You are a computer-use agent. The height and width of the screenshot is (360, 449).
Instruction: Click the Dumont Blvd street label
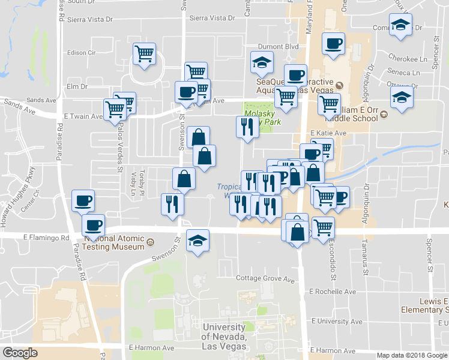click(278, 46)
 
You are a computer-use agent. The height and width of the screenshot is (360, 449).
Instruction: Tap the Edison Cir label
click(82, 53)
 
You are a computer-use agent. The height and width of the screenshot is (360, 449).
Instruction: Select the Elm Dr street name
click(77, 86)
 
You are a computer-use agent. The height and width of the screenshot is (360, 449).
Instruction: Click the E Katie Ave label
click(328, 133)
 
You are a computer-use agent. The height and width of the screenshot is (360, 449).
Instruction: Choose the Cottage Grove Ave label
click(265, 279)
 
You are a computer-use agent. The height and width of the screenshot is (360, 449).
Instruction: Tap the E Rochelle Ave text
click(333, 292)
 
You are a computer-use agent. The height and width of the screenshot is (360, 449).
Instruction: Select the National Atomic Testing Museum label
click(114, 241)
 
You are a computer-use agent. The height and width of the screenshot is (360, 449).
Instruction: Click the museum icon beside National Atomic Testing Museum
click(150, 243)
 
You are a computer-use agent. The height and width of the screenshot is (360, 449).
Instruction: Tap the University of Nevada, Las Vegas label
click(224, 336)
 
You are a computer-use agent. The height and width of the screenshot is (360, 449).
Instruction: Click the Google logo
click(20, 353)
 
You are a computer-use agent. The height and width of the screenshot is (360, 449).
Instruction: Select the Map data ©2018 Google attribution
click(412, 355)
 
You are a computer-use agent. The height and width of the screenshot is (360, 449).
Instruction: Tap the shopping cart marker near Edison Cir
click(144, 54)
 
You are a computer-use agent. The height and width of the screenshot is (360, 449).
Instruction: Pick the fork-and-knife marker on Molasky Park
click(247, 127)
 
